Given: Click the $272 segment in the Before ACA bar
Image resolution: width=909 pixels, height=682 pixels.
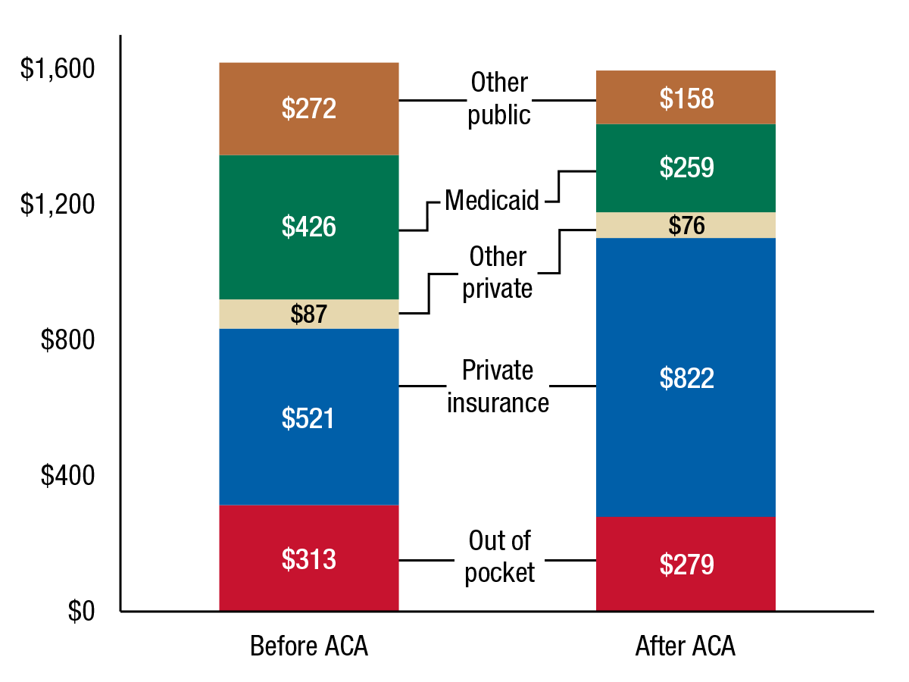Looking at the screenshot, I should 309,109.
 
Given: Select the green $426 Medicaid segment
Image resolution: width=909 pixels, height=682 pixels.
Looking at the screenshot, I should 309,227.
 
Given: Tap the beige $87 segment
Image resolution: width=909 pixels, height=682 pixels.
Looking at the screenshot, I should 309,314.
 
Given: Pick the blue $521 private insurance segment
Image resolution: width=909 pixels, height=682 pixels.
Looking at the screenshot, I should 309,418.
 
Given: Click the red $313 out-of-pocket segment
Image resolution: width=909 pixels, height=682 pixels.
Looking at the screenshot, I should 309,558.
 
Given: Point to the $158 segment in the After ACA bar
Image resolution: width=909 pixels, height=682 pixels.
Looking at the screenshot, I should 686,98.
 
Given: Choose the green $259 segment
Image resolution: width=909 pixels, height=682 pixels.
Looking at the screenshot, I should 686,167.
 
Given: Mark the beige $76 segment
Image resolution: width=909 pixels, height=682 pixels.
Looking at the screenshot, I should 686,225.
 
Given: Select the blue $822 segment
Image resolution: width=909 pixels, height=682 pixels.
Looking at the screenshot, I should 686,377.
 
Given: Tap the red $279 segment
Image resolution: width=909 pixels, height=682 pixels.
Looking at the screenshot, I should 686,564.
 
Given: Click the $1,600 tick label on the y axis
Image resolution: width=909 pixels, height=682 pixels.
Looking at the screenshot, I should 58,69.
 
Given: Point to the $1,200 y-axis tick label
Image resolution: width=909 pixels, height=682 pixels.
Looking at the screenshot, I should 58,205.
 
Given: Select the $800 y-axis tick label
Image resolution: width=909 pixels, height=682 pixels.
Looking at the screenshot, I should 68,340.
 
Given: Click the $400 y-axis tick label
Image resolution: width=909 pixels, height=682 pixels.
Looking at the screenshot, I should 68,476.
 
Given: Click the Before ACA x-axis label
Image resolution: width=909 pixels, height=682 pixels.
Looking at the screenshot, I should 309,647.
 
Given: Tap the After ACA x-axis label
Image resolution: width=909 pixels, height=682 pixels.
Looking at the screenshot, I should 686,647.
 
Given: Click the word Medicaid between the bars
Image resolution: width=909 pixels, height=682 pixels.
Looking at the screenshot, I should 492,201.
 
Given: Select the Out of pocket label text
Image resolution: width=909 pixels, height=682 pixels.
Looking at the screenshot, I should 499,557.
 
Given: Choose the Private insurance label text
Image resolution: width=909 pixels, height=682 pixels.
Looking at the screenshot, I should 498,386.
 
